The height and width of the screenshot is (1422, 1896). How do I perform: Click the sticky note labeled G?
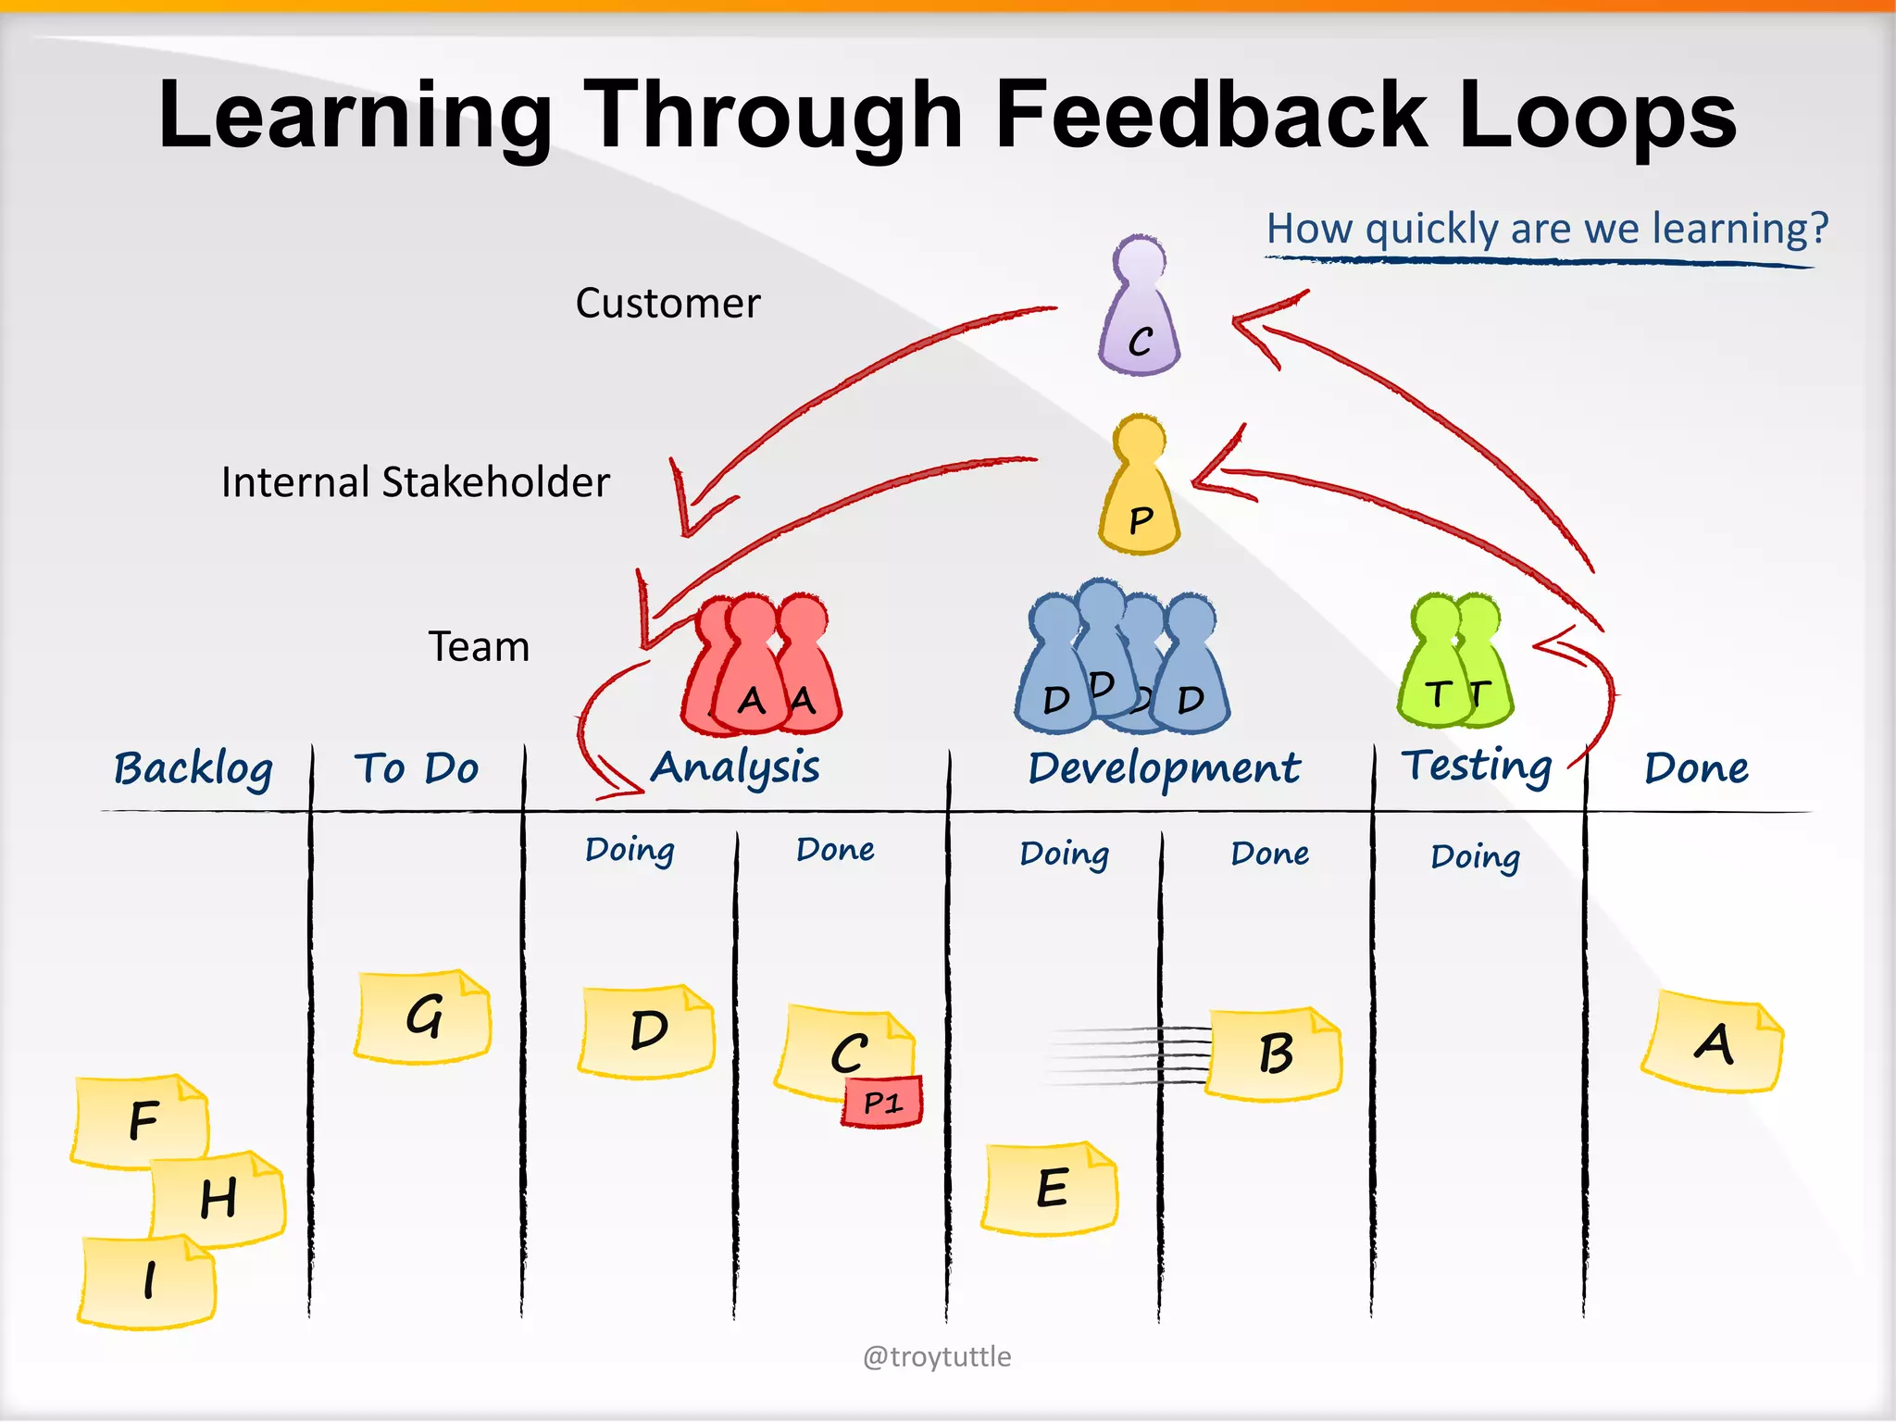tap(423, 1017)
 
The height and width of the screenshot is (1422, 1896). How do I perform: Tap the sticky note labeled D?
tap(647, 1031)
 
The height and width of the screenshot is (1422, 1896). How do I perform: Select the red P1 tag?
tap(882, 1102)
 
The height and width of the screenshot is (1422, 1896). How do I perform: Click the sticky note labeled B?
tap(1274, 1054)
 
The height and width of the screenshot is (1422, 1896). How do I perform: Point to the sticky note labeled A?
tap(1713, 1044)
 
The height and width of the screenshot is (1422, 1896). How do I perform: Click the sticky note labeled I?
tap(148, 1282)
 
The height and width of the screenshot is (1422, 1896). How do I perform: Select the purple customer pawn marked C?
tap(1140, 310)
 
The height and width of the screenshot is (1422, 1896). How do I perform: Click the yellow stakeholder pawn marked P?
tap(1140, 489)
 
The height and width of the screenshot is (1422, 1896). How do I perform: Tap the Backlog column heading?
tap(193, 769)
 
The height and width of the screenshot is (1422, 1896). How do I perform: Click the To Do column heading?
tap(417, 768)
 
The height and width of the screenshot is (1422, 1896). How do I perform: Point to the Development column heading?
tap(1164, 769)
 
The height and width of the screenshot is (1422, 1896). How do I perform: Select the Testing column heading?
tap(1477, 767)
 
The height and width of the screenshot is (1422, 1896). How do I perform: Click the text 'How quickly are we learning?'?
tap(1547, 229)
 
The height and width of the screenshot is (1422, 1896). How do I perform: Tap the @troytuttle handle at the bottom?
tap(937, 1356)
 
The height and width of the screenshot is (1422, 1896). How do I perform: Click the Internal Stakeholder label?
tap(416, 482)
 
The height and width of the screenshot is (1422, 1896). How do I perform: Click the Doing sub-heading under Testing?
tap(1475, 857)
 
